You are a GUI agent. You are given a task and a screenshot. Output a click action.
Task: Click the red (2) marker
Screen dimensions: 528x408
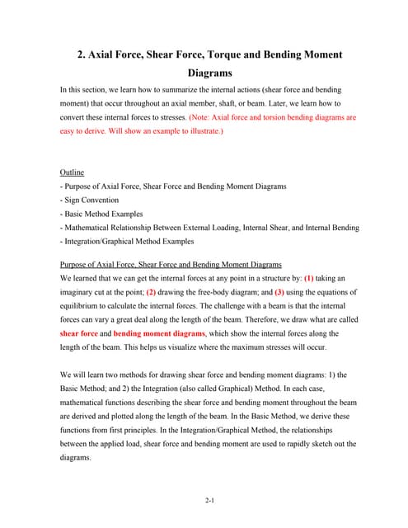click(151, 292)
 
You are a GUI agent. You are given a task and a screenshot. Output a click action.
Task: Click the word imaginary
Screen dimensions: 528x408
click(79, 292)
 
